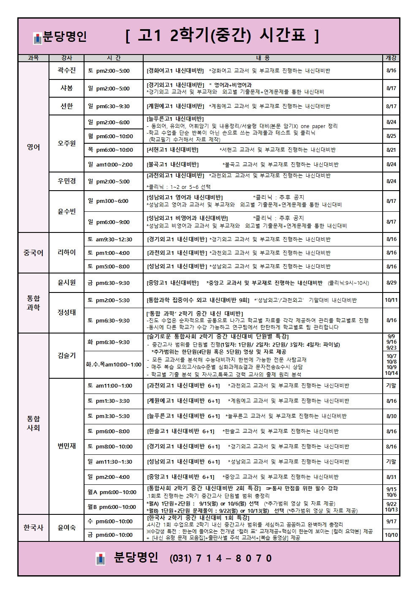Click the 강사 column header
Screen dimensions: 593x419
(x=67, y=58)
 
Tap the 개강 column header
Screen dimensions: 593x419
(x=391, y=58)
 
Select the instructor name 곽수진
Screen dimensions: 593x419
(x=67, y=71)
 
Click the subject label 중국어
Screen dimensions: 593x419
(x=33, y=253)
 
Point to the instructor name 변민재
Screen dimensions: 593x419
(x=67, y=446)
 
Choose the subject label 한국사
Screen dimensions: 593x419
(x=33, y=527)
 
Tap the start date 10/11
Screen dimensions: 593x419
(x=391, y=300)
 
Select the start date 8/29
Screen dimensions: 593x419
(x=391, y=283)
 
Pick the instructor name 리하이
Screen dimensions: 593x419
(x=67, y=253)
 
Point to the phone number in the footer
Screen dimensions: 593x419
(x=221, y=558)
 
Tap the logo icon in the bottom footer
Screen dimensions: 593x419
(x=101, y=558)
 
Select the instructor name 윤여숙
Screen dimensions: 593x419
(x=67, y=527)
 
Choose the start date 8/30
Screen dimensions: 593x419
(x=391, y=416)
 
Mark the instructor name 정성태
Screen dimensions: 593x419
(x=67, y=312)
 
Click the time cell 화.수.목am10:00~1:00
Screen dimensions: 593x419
(x=114, y=364)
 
